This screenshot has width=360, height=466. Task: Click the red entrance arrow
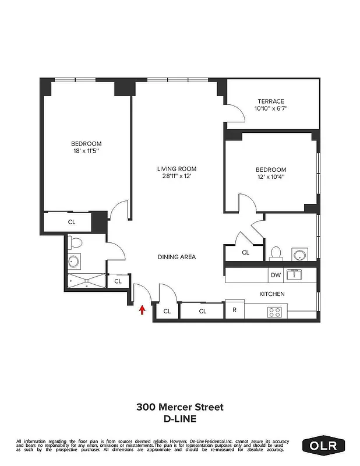coord(142,310)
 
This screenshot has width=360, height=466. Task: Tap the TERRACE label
coord(271,101)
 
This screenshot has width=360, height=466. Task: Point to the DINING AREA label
coord(177,257)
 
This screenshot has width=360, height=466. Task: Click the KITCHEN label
coord(271,294)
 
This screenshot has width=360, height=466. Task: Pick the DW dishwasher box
coord(275,275)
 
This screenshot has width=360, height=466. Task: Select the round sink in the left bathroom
coord(75,262)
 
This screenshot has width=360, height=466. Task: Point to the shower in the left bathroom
coord(86,281)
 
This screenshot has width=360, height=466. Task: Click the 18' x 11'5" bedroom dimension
coord(86,151)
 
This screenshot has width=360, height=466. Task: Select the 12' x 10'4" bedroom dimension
coord(271,178)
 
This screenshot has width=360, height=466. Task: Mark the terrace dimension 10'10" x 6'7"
coord(271,108)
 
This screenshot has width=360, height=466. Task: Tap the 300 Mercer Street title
coord(180,407)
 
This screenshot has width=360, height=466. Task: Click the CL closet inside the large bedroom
coord(71,222)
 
